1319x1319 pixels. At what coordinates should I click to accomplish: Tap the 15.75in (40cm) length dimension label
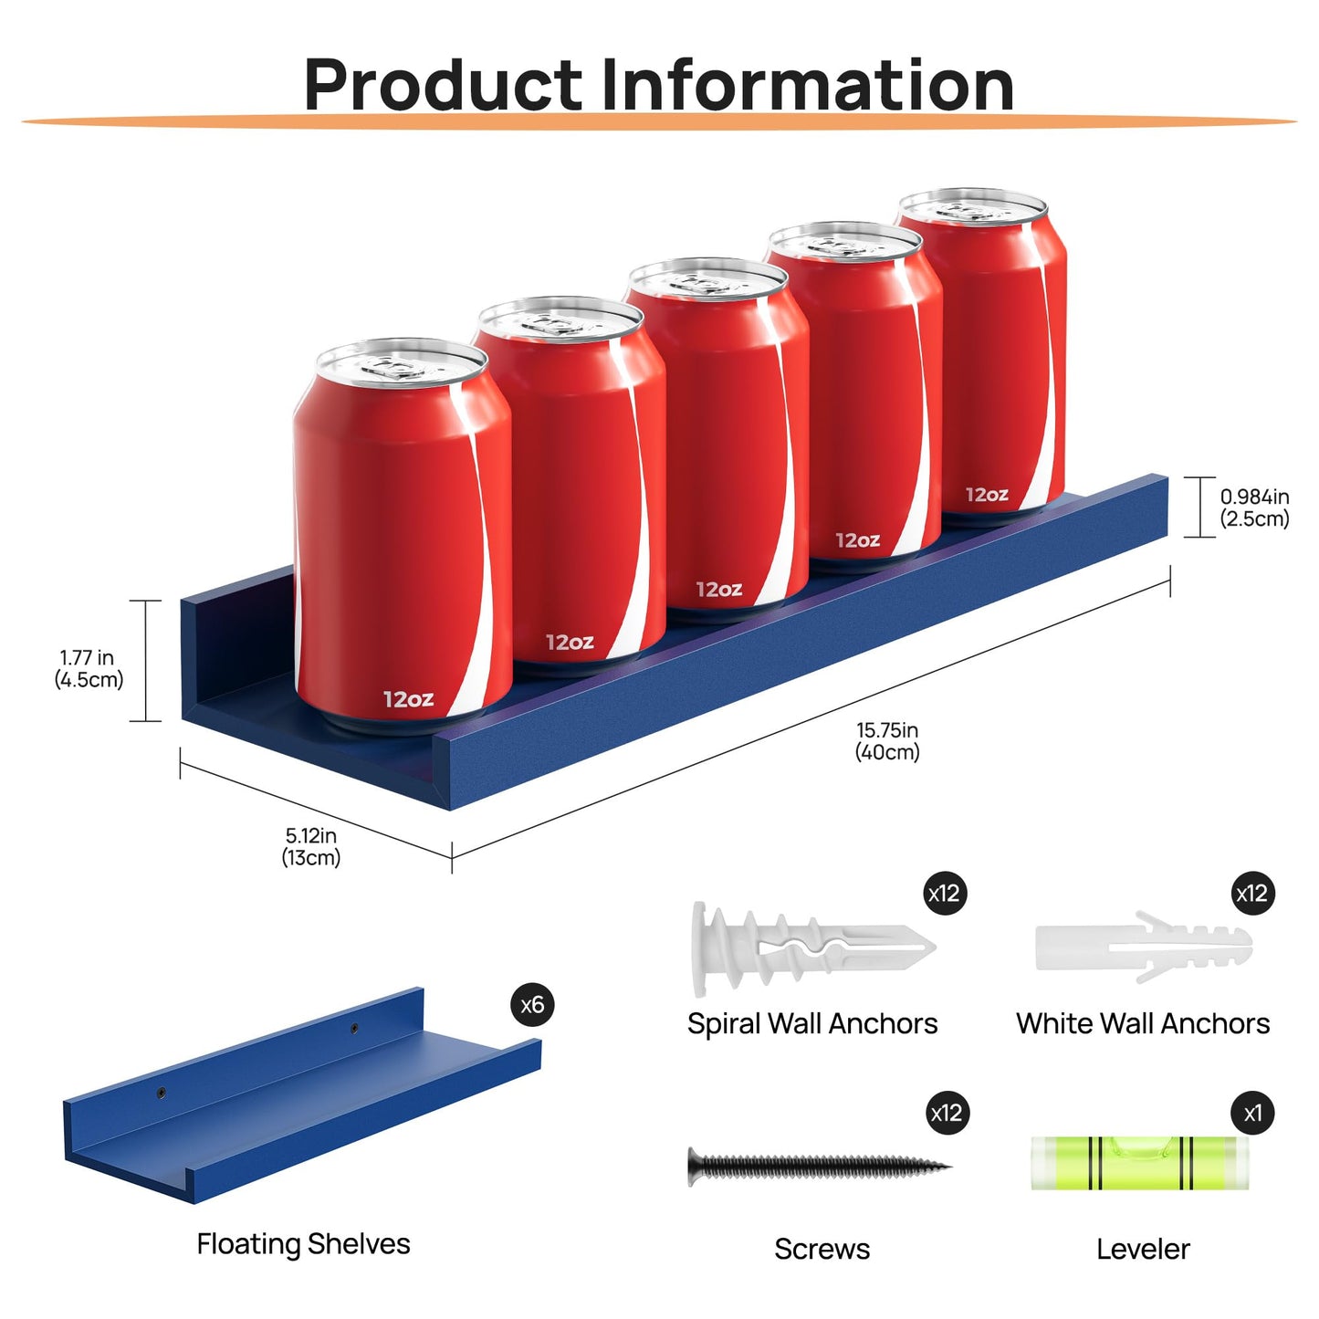click(887, 741)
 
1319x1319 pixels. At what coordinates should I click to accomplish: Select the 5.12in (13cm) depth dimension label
click(310, 847)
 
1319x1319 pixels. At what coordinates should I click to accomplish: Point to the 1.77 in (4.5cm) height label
click(89, 669)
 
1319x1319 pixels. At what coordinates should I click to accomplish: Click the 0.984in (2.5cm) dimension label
click(1255, 508)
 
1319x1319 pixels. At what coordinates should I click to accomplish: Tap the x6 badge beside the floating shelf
click(532, 1005)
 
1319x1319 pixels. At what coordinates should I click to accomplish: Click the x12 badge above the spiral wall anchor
click(945, 894)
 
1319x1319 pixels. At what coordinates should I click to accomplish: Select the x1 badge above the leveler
click(1252, 1114)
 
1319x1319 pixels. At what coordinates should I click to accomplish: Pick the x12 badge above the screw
click(947, 1114)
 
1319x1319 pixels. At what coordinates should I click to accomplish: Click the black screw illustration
click(820, 1167)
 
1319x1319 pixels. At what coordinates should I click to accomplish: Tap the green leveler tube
click(1140, 1164)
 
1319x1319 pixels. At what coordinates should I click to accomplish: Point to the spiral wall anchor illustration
click(812, 949)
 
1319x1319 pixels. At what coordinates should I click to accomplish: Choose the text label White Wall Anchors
click(1143, 1024)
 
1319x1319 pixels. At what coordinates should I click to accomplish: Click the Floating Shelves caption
click(303, 1244)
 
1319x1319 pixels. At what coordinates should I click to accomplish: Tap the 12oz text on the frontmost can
click(409, 699)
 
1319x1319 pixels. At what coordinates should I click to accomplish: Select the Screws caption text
click(822, 1250)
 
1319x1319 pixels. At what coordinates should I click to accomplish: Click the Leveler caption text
click(1143, 1250)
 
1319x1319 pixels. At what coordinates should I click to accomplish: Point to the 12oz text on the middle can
click(718, 590)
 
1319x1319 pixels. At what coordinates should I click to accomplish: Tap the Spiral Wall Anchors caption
click(812, 1024)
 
